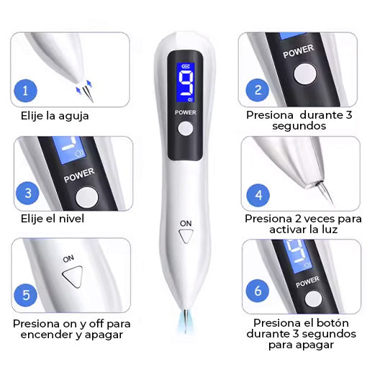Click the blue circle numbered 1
pyautogui.click(x=25, y=91)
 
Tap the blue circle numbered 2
pyautogui.click(x=258, y=90)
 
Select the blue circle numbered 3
pyautogui.click(x=27, y=193)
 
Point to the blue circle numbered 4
pyautogui.click(x=258, y=195)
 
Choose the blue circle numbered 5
pyautogui.click(x=26, y=295)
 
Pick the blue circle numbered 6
pyautogui.click(x=258, y=291)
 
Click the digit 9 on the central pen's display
pyautogui.click(x=186, y=83)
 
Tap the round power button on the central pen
pyautogui.click(x=185, y=129)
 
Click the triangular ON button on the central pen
pyautogui.click(x=186, y=236)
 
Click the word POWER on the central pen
pyautogui.click(x=186, y=112)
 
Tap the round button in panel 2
pyautogui.click(x=305, y=73)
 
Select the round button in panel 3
pyautogui.click(x=87, y=197)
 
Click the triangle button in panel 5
pyautogui.click(x=73, y=276)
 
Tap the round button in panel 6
pyautogui.click(x=314, y=299)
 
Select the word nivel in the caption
pyautogui.click(x=71, y=219)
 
